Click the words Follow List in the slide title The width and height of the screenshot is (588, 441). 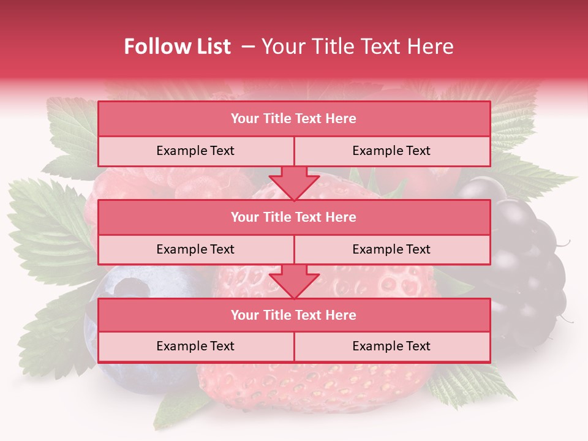[x=178, y=47]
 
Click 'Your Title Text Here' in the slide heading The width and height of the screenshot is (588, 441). [x=358, y=47]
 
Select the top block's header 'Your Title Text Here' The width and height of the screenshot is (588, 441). [x=293, y=119]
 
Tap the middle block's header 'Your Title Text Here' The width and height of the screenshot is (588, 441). [x=293, y=217]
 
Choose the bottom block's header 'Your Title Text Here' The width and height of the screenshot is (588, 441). [x=293, y=315]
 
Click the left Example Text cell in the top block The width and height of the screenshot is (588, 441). [x=195, y=151]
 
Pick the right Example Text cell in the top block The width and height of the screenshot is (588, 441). [x=391, y=151]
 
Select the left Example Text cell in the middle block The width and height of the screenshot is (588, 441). [x=195, y=249]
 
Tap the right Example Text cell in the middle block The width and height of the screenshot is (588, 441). [x=391, y=249]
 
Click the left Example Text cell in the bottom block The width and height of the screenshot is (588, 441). [x=195, y=346]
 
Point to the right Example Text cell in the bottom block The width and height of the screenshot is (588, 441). [x=391, y=346]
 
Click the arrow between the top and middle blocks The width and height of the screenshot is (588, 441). [x=294, y=183]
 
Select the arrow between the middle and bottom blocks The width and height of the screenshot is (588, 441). [x=294, y=281]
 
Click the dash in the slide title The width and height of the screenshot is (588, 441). [x=248, y=47]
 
